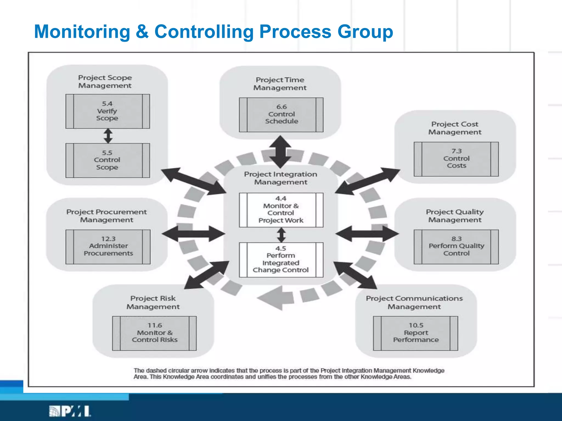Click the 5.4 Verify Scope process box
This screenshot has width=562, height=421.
click(108, 111)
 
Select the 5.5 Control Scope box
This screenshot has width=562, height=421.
click(108, 160)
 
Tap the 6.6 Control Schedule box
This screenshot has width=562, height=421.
click(281, 115)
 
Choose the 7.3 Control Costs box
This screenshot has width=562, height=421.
click(456, 159)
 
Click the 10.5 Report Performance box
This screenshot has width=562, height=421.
click(415, 333)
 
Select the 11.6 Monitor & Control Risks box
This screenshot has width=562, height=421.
click(154, 333)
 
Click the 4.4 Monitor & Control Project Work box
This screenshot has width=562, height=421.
click(281, 210)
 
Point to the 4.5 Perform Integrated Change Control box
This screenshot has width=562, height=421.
click(281, 260)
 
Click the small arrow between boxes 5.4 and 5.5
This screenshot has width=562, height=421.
click(108, 136)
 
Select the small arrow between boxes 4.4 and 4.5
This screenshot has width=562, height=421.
click(281, 235)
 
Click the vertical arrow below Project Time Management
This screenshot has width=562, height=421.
click(280, 151)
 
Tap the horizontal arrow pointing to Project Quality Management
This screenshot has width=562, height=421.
click(367, 234)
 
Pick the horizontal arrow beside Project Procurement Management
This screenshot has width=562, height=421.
click(193, 234)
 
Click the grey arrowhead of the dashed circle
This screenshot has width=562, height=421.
click(272, 298)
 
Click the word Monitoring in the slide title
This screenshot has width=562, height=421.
click(82, 32)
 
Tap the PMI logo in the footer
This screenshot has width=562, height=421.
click(70, 411)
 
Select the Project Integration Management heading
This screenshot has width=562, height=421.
click(281, 178)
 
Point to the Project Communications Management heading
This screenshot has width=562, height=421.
click(414, 302)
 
